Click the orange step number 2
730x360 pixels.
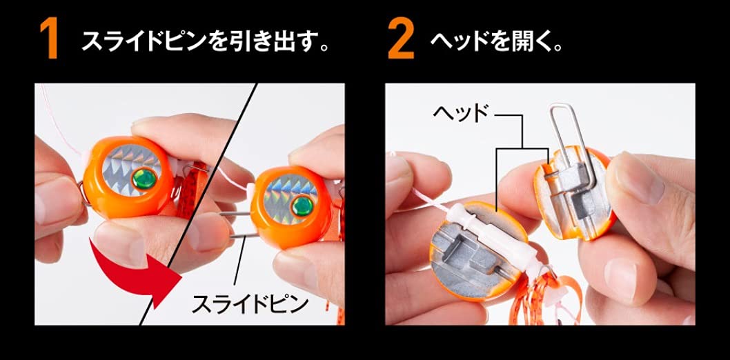[x=401, y=41]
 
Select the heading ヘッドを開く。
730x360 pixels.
[x=497, y=42]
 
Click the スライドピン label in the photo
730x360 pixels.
[x=250, y=303]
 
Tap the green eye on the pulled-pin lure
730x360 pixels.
[x=301, y=203]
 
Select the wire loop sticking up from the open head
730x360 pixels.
[x=566, y=138]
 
